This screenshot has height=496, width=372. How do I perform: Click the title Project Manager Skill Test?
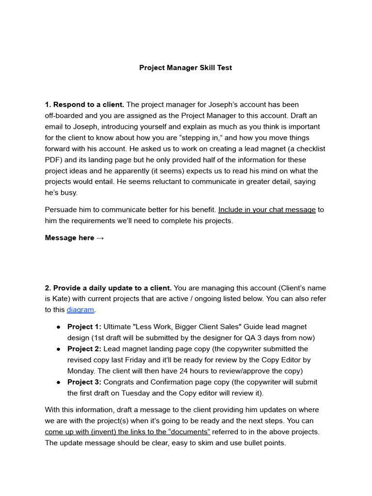pos(186,68)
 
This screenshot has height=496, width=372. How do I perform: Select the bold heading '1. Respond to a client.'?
pos(84,105)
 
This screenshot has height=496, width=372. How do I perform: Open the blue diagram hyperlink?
pos(80,310)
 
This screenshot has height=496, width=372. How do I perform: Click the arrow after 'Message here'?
pos(100,238)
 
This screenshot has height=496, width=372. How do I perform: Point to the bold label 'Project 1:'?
pos(84,327)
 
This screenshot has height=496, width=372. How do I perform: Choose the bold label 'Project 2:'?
pos(84,349)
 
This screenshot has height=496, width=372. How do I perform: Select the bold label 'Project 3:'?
pos(84,382)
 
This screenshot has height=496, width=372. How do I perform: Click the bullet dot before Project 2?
pos(58,349)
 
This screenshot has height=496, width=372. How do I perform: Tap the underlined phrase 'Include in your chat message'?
pos(267,210)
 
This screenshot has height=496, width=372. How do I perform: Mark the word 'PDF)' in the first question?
pos(53,160)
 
